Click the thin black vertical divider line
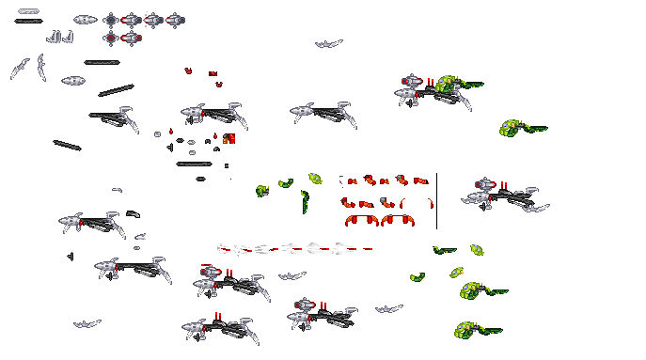[x=436, y=200]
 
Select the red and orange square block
[x=228, y=139]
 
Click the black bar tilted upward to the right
[x=116, y=91]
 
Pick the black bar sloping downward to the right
[x=67, y=145]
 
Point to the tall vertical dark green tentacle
[x=305, y=201]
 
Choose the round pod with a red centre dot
[x=110, y=38]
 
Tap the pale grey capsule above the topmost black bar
[x=28, y=11]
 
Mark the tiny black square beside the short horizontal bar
[x=227, y=165]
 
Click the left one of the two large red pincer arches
[x=362, y=221]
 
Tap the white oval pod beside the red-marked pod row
[x=86, y=19]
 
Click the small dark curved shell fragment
[x=133, y=213]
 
